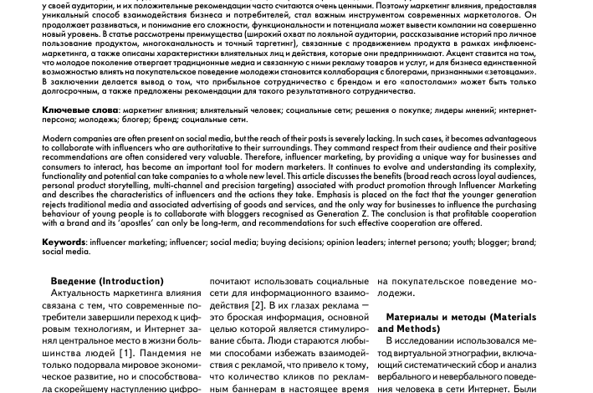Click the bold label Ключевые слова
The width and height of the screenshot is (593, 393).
[80, 110]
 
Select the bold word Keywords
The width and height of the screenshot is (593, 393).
[64, 242]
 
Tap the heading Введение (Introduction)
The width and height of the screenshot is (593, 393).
[107, 282]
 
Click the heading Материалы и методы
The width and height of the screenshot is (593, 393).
[441, 318]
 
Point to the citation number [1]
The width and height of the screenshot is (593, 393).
[125, 353]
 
